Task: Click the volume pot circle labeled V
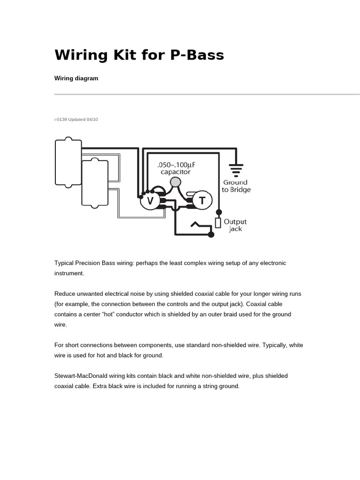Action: pyautogui.click(x=150, y=201)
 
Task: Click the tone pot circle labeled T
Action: pyautogui.click(x=202, y=200)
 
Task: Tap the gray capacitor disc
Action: pyautogui.click(x=175, y=182)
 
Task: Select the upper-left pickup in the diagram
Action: pyautogui.click(x=68, y=163)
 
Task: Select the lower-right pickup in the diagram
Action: pyautogui.click(x=95, y=183)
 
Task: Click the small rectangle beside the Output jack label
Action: pyautogui.click(x=218, y=223)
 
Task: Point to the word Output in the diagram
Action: pyautogui.click(x=235, y=222)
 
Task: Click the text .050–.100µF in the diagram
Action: pyautogui.click(x=176, y=165)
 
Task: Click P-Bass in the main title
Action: pyautogui.click(x=197, y=55)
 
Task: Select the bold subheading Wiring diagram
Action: pyautogui.click(x=76, y=78)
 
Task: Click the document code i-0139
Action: pyautogui.click(x=60, y=120)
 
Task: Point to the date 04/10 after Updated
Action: pyautogui.click(x=92, y=120)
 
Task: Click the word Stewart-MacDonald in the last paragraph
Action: pyautogui.click(x=80, y=376)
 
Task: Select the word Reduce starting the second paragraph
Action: pyautogui.click(x=65, y=294)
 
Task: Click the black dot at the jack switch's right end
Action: pyautogui.click(x=211, y=234)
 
